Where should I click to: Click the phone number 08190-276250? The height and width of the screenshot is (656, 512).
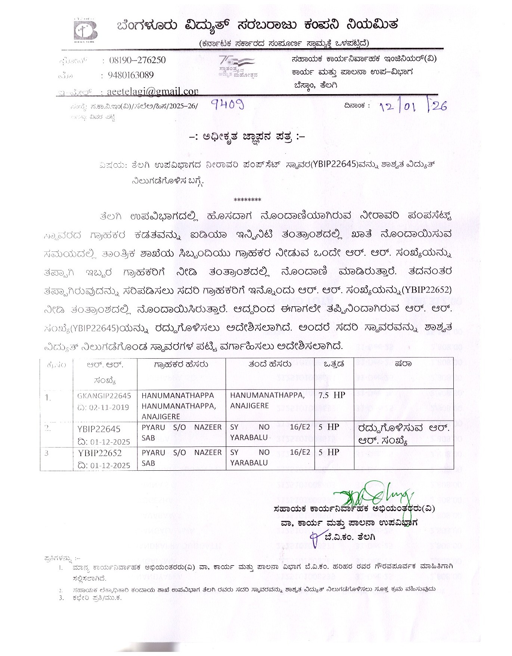[137, 60]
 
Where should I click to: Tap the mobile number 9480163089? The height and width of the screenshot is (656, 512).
[131, 75]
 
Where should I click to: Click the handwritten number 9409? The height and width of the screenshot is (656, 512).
[227, 105]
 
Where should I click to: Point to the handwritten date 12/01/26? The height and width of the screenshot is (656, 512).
[413, 106]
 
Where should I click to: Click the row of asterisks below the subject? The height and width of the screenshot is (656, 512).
[247, 200]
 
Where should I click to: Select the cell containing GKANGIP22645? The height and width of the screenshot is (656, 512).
[104, 395]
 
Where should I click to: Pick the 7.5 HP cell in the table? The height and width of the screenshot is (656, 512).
[332, 395]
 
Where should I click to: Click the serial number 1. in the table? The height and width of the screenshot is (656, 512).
[48, 398]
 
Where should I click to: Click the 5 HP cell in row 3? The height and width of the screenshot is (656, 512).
[329, 452]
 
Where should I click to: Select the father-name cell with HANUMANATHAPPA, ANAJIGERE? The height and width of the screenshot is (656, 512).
[267, 400]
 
